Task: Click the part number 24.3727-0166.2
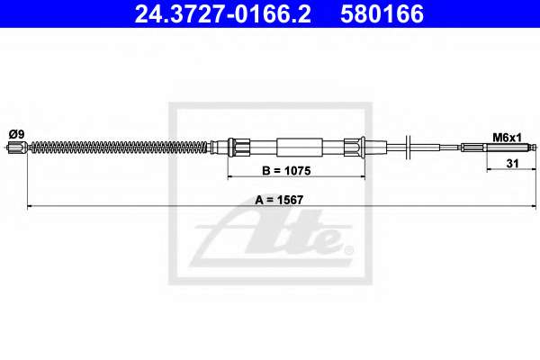point(222,13)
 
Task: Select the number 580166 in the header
point(382,13)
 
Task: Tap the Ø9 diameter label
point(16,134)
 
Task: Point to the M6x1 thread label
point(507,138)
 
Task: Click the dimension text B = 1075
point(286,170)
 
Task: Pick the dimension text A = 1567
point(279,200)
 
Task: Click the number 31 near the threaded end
point(512,163)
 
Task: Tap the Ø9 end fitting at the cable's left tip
point(17,148)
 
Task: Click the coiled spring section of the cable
point(120,147)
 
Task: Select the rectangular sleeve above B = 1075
point(300,147)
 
